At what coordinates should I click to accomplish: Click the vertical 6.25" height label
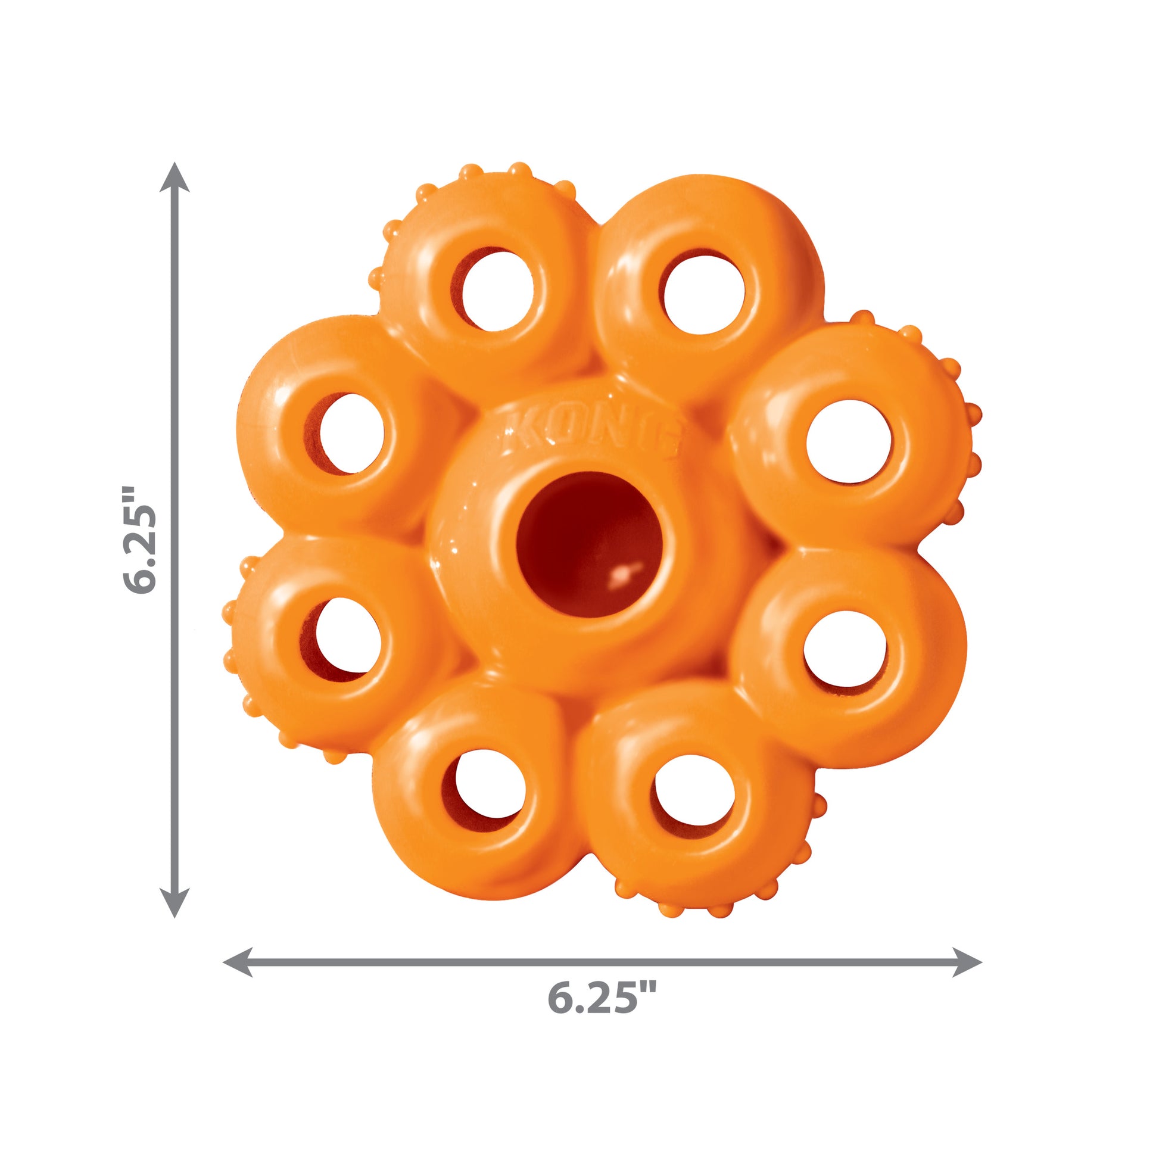pos(140,540)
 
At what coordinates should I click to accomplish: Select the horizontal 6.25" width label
pos(602,998)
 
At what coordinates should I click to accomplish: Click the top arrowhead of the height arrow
pos(175,177)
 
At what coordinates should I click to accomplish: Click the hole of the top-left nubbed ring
pos(498,291)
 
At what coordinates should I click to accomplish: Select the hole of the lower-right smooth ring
pos(845,650)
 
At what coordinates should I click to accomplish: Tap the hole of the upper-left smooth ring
pos(352,433)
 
